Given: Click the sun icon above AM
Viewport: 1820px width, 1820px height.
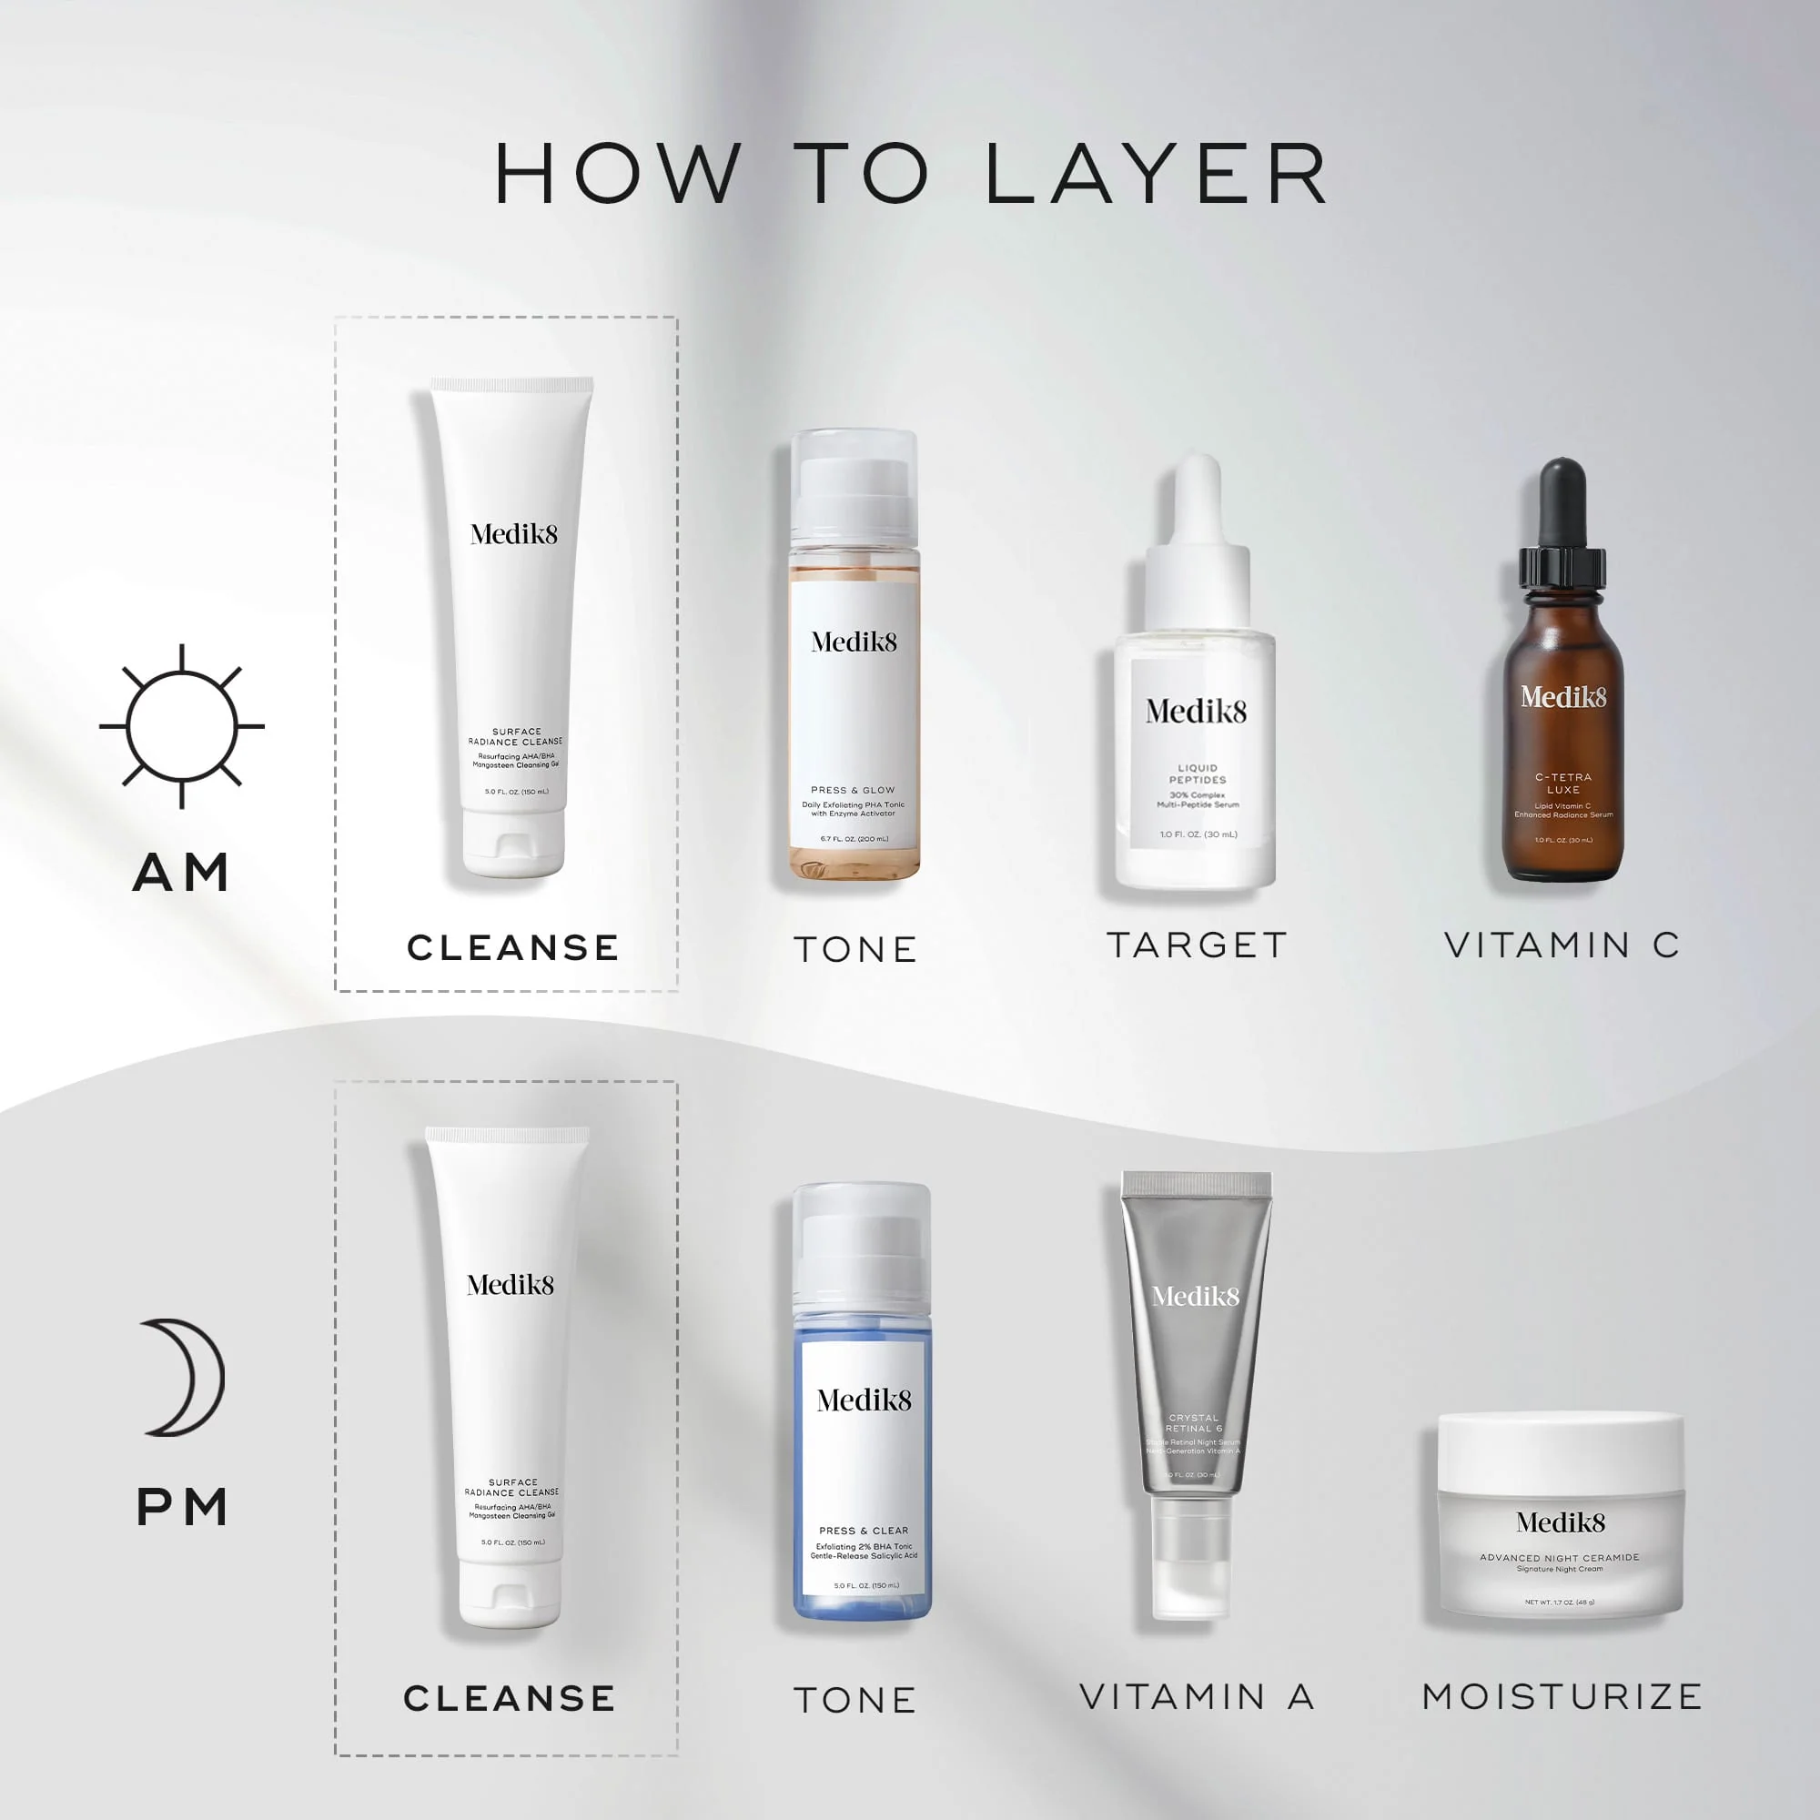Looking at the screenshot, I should tap(182, 726).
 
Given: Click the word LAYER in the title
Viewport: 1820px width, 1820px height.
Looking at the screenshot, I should tap(1157, 175).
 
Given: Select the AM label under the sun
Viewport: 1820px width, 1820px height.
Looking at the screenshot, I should tap(181, 873).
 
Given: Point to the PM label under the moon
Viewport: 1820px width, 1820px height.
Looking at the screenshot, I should tap(183, 1507).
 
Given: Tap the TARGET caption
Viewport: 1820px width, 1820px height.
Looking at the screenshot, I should tap(1198, 945).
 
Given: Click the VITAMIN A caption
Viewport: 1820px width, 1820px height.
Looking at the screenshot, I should tap(1198, 1696).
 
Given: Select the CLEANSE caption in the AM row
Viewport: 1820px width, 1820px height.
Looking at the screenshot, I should tap(513, 947).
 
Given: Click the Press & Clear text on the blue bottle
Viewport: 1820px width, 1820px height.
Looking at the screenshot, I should tap(863, 1531).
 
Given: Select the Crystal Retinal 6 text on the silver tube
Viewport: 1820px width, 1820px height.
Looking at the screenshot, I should tap(1194, 1423).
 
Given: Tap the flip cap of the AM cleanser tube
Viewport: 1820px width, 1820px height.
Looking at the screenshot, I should tap(513, 844).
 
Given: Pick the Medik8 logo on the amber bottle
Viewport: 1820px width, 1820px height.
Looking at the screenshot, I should tap(1562, 697).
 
